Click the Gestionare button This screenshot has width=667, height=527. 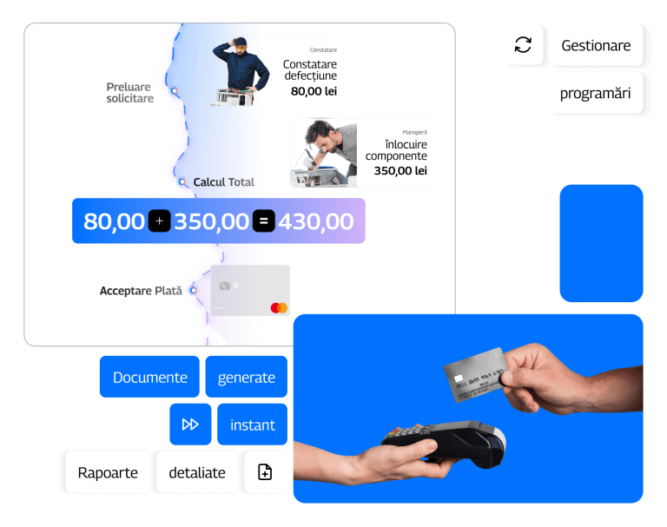(596, 45)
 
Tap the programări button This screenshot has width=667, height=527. (596, 93)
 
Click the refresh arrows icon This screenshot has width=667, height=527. (523, 44)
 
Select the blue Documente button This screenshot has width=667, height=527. (149, 377)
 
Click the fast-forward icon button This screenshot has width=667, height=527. (190, 424)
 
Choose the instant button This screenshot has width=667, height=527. (252, 424)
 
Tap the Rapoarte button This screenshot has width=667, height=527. (108, 472)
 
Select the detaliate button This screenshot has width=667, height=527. (197, 472)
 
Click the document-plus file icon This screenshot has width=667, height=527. (265, 472)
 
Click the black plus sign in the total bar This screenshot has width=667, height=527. (160, 221)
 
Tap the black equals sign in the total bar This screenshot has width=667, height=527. (264, 221)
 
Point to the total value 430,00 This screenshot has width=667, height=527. (316, 221)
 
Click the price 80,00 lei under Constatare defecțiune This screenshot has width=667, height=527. (314, 91)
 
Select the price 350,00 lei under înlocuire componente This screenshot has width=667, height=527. (400, 170)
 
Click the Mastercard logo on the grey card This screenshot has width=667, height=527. (279, 308)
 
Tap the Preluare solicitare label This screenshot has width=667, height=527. (129, 93)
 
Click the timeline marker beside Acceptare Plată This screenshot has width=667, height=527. (194, 291)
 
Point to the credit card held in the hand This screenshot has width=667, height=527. (475, 374)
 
